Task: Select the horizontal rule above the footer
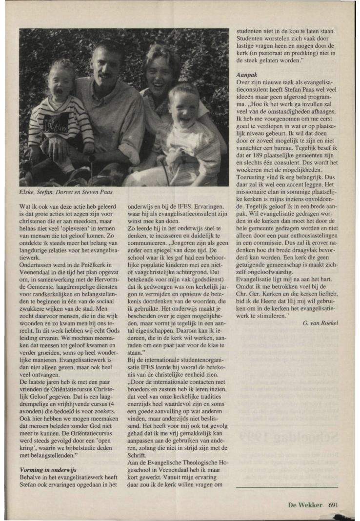(286, 486)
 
